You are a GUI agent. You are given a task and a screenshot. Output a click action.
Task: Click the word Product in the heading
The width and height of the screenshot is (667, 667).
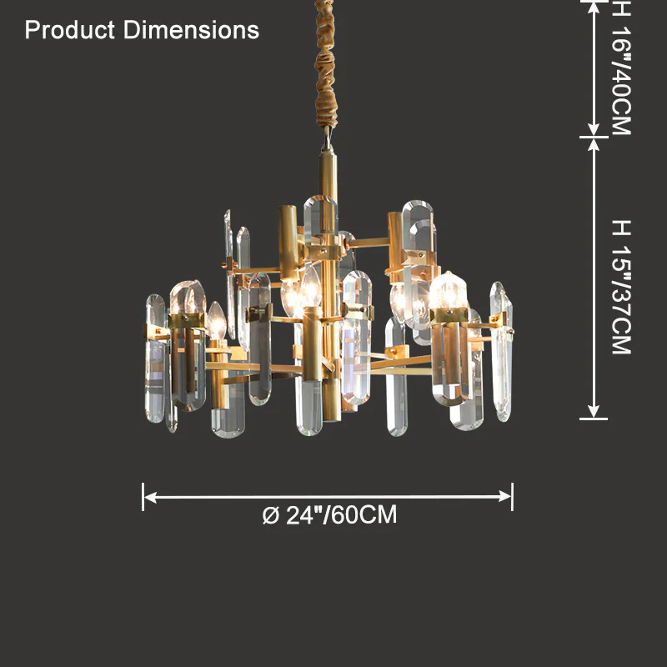pos(70,31)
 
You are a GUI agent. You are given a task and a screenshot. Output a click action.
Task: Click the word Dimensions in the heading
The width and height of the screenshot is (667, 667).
pos(191,30)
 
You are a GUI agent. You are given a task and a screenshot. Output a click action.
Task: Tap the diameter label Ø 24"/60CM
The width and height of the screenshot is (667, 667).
pos(329,514)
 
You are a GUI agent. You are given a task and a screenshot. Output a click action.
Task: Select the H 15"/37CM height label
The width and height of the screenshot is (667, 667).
pos(620,287)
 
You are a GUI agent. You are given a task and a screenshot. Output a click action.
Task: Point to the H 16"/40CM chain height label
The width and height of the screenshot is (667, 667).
pos(620,68)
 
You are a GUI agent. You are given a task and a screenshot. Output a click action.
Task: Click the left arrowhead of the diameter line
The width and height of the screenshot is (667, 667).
pos(150,497)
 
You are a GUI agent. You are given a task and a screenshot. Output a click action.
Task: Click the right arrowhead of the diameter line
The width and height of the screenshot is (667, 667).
pos(505,497)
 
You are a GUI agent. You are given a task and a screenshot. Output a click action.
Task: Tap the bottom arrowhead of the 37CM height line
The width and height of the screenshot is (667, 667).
pos(594,411)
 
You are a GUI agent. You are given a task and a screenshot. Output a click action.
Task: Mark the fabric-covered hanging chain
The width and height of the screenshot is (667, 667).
pos(325,64)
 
